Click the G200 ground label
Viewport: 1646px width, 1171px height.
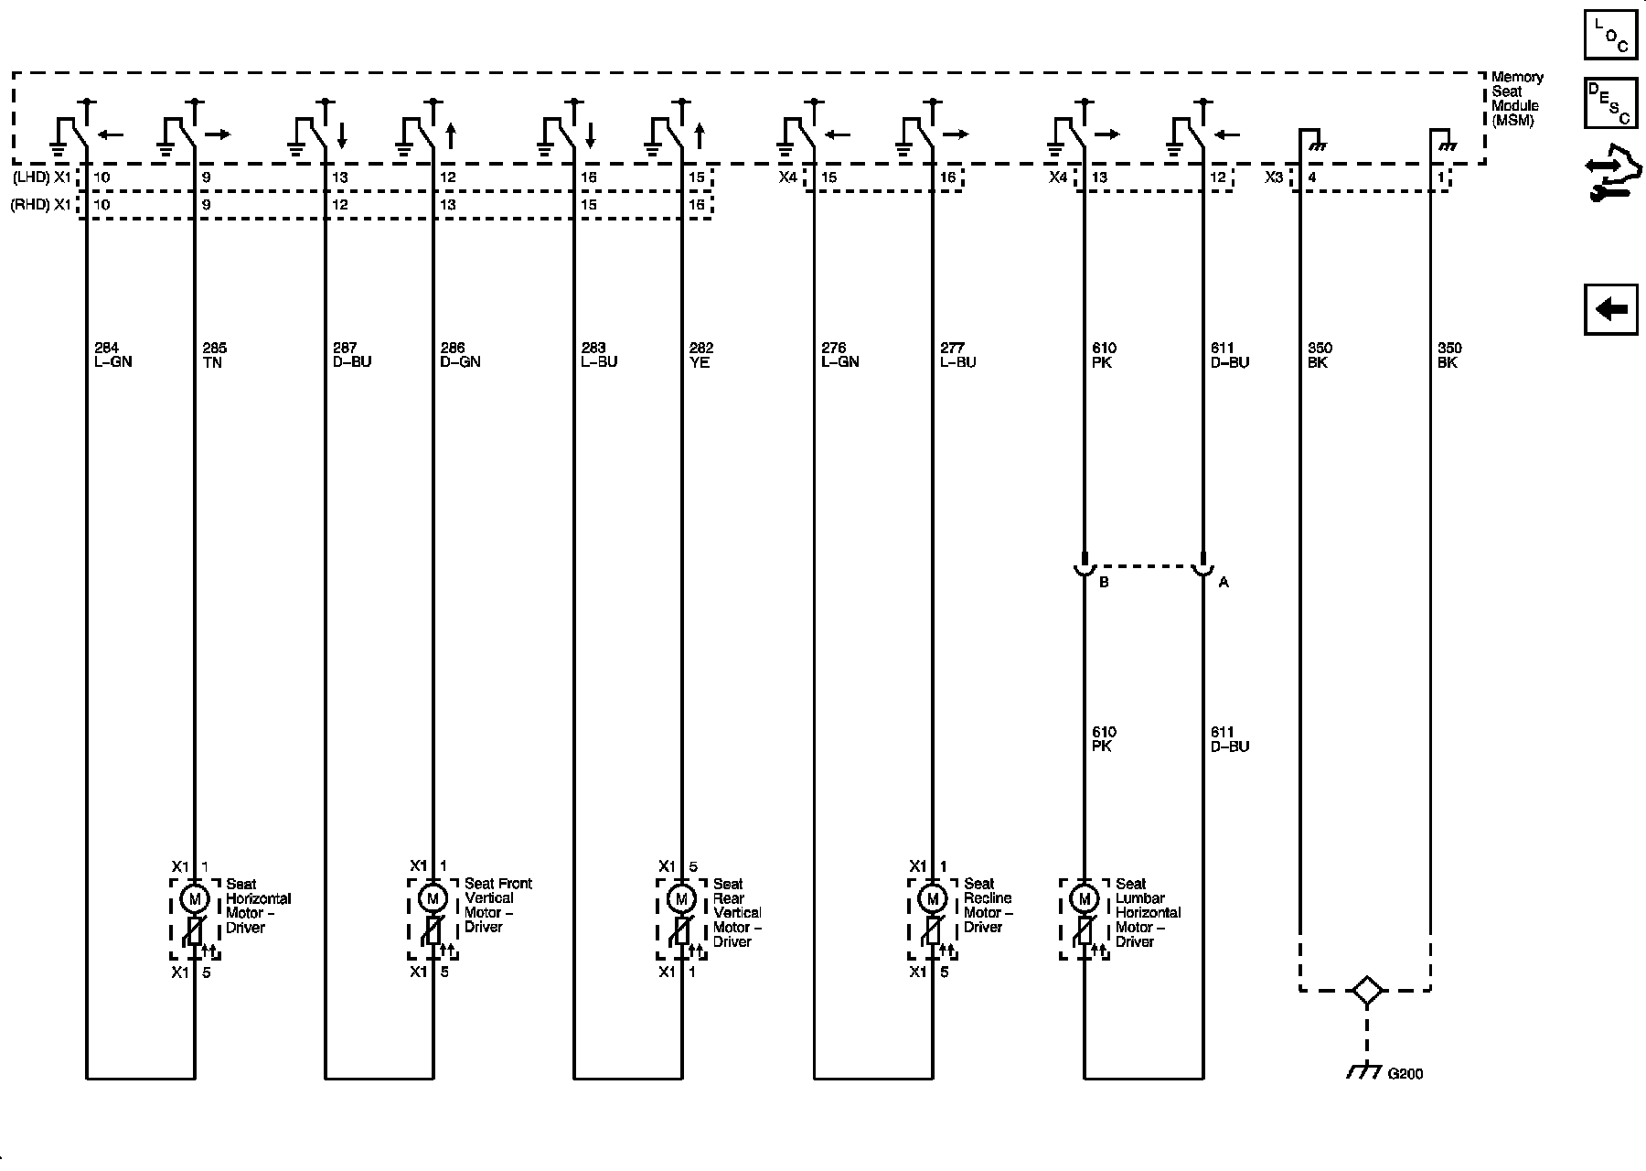point(1405,1074)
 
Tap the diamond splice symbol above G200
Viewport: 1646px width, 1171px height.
point(1366,991)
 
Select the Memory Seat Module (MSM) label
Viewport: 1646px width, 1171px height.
point(1516,99)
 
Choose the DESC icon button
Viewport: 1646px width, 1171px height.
point(1611,103)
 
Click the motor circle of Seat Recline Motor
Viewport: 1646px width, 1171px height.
point(933,899)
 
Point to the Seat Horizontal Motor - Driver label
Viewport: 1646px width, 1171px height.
point(258,906)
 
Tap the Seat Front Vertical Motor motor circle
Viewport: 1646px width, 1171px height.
point(433,899)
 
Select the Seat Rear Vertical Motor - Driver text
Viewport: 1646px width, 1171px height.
point(737,912)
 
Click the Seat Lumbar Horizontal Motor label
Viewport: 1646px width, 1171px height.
point(1148,912)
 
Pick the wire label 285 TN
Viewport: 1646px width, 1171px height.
point(214,355)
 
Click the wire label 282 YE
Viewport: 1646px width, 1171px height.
point(700,355)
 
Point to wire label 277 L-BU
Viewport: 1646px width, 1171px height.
point(957,355)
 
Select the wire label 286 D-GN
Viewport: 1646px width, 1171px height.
point(460,355)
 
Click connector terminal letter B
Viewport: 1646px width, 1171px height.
point(1104,582)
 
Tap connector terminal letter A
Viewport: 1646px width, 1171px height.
point(1224,582)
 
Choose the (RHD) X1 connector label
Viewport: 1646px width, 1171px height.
point(40,205)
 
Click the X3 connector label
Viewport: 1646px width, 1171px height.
point(1274,177)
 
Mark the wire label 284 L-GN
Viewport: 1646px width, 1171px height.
point(112,355)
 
